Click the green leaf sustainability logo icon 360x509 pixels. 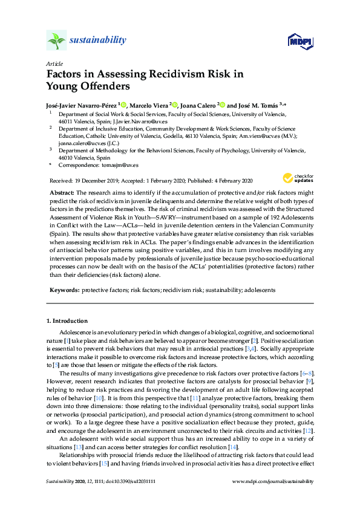tap(56, 41)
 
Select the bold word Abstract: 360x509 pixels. tap(62, 192)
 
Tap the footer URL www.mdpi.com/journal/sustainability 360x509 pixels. tap(273, 481)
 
